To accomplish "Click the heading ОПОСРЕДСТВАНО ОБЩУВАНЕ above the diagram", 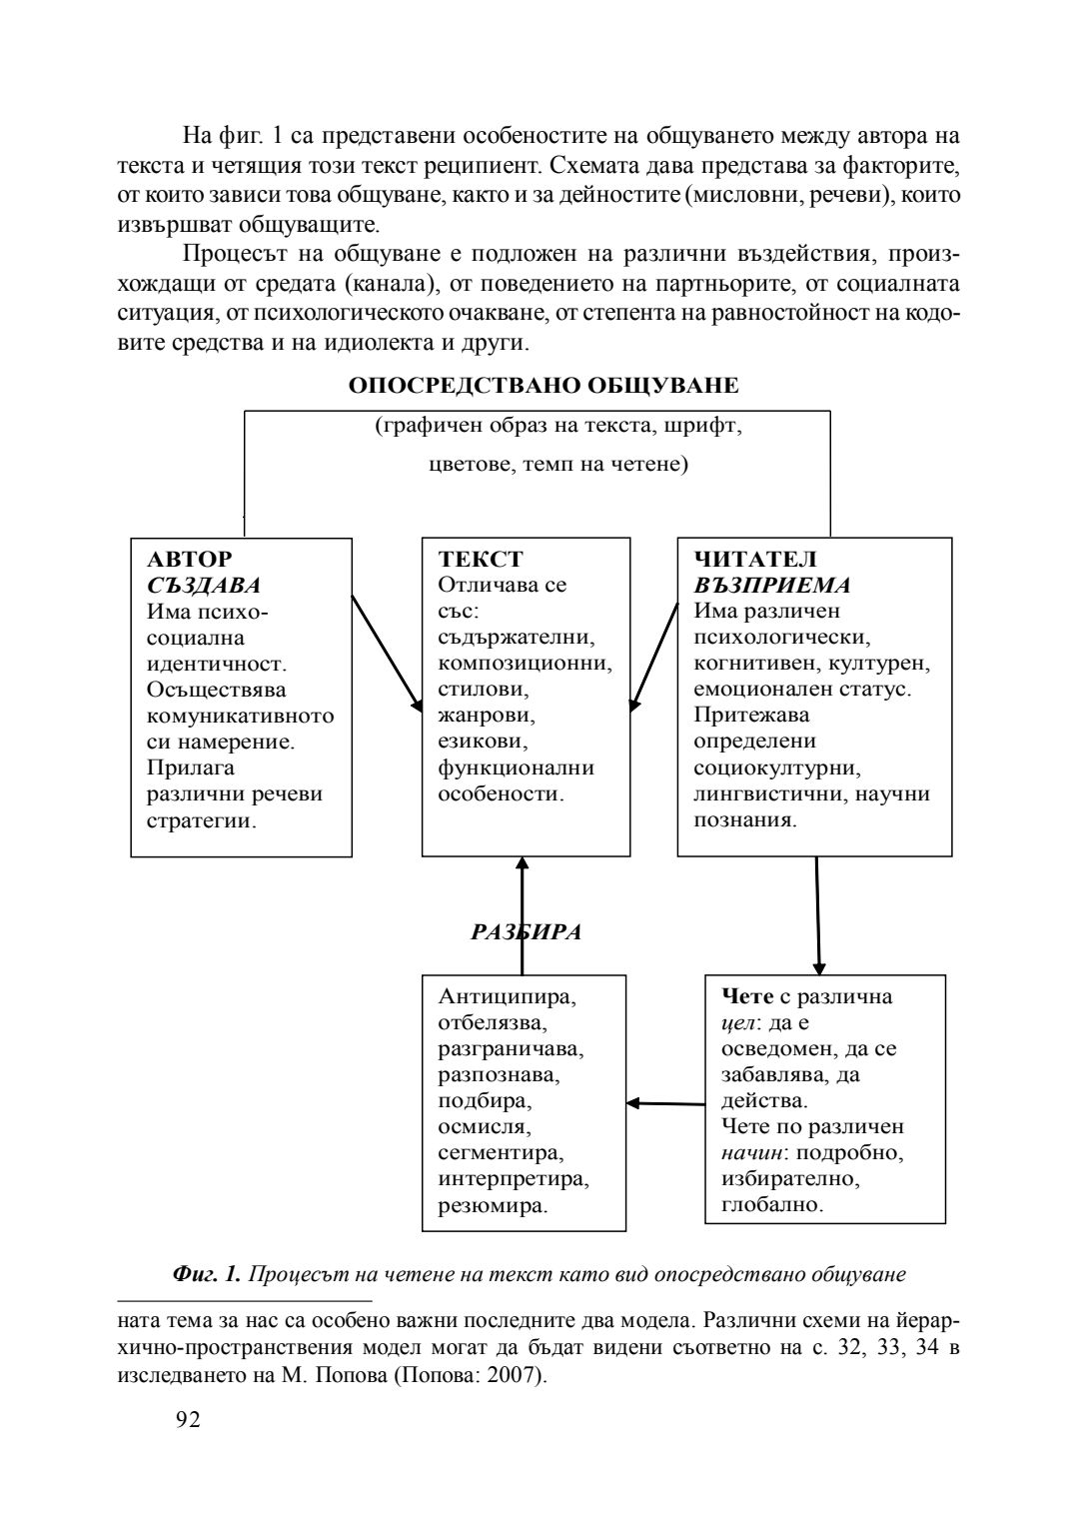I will click(544, 386).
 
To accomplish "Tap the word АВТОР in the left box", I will click(189, 560).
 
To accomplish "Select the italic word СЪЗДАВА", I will click(204, 586).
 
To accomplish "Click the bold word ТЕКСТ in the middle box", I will click(480, 560).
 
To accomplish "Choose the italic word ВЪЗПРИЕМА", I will click(772, 586).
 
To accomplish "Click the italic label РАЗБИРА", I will click(527, 932).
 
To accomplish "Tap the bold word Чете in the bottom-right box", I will click(746, 996).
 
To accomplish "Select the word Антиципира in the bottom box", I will click(508, 996).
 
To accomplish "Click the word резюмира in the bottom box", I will click(493, 1205).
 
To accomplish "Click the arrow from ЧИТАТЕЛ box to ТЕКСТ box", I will click(653, 655).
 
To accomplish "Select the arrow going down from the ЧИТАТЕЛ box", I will click(818, 915).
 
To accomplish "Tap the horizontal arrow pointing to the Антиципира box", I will click(665, 1103).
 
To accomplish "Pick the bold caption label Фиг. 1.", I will click(207, 1274).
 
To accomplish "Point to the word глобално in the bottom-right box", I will click(772, 1205).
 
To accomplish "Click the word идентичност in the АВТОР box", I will click(216, 664).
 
